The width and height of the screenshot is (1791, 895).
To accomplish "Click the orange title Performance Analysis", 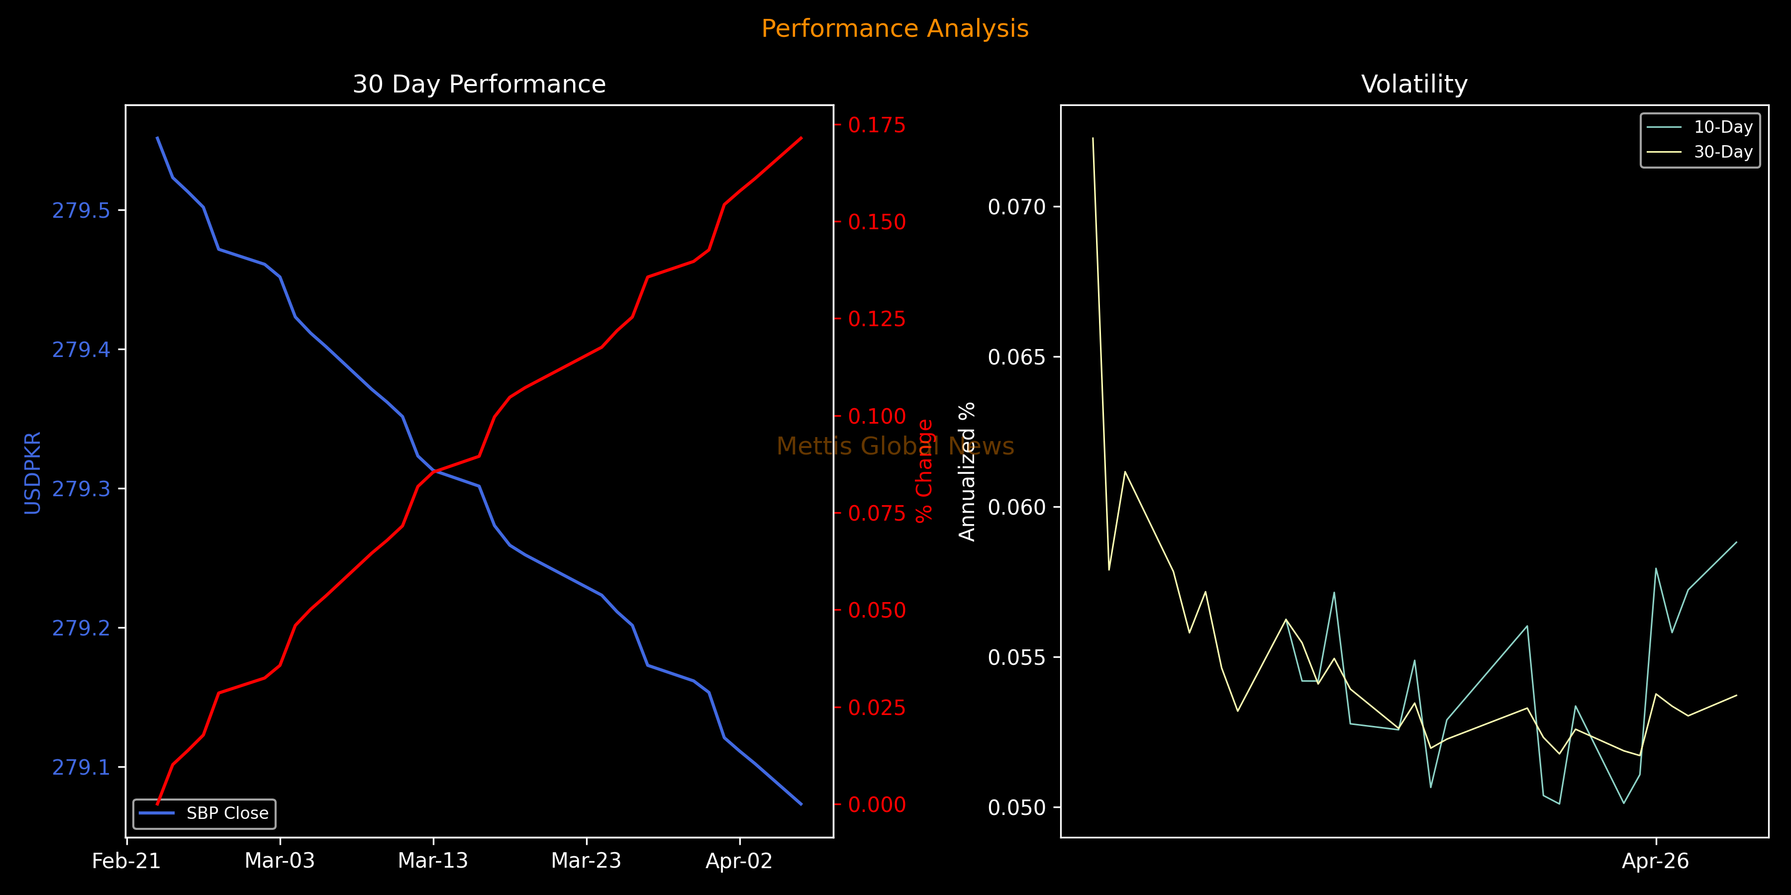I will tap(895, 28).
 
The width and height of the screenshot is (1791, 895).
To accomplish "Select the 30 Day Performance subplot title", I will tap(479, 84).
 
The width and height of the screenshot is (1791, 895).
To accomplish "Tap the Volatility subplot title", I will tap(1414, 84).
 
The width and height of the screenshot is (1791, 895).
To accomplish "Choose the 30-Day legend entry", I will tap(1723, 152).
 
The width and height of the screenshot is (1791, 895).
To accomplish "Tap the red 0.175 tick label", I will tap(877, 125).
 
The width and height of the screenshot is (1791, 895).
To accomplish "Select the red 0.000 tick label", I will tap(877, 805).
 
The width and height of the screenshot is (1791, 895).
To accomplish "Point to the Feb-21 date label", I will tap(126, 861).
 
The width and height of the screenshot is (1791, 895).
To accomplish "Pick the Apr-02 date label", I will tap(739, 861).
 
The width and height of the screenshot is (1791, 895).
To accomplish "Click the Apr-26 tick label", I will tap(1655, 861).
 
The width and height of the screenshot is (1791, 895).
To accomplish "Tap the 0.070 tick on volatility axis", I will tap(1016, 207).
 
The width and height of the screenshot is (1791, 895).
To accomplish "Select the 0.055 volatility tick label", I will tap(1016, 657).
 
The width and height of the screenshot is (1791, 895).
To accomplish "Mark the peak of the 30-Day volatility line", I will tap(1093, 138).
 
